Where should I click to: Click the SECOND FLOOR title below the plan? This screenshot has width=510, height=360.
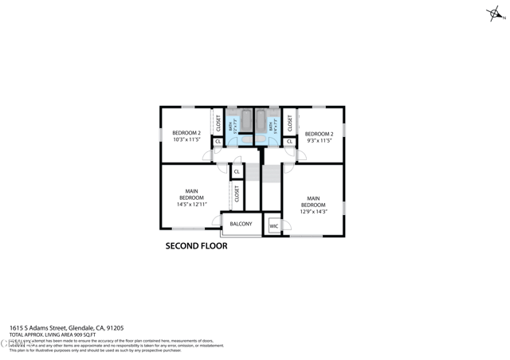pyautogui.click(x=196, y=246)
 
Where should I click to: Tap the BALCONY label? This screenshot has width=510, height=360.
pyautogui.click(x=241, y=224)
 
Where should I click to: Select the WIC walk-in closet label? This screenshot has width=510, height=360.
pyautogui.click(x=273, y=226)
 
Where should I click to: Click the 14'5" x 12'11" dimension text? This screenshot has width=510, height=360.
pyautogui.click(x=191, y=205)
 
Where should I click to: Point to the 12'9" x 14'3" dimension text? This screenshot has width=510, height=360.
pyautogui.click(x=313, y=212)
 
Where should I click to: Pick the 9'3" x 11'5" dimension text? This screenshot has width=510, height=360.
pyautogui.click(x=318, y=140)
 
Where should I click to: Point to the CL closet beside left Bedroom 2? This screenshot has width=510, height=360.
pyautogui.click(x=218, y=143)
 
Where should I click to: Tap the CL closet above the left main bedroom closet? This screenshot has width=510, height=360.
pyautogui.click(x=237, y=171)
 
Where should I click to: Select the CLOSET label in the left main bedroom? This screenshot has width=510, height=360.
pyautogui.click(x=237, y=194)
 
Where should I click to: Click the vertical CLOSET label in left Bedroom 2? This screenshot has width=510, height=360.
pyautogui.click(x=218, y=123)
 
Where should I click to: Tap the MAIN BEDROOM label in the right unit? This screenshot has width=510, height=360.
pyautogui.click(x=313, y=202)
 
